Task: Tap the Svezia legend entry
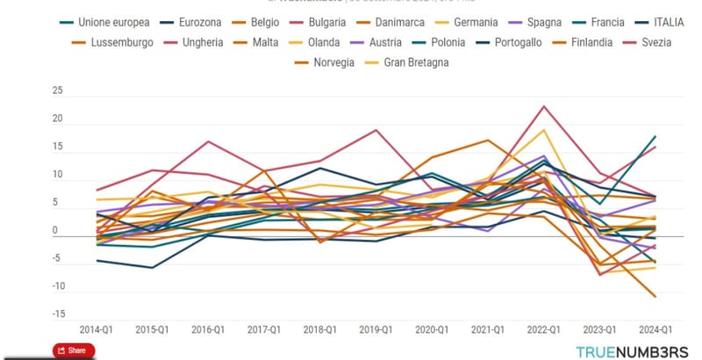click(655, 42)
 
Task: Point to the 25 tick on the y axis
click(58, 91)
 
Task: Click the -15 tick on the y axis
click(56, 314)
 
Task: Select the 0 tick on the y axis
click(61, 231)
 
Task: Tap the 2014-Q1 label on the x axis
click(96, 329)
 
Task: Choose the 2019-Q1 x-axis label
click(375, 329)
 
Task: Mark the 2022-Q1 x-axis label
click(542, 329)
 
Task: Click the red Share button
click(74, 350)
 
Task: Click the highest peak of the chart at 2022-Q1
click(544, 106)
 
